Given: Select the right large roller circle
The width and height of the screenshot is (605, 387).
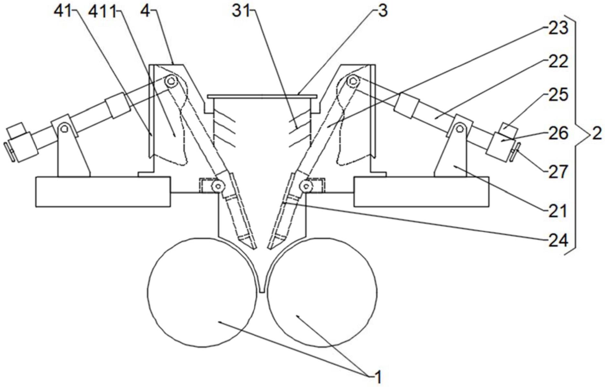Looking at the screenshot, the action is tap(322, 293).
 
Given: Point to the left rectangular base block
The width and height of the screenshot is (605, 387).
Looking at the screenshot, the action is tap(103, 192).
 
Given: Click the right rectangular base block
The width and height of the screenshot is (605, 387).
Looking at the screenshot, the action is tap(421, 192).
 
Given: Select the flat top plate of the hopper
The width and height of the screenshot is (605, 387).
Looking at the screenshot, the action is tap(262, 96).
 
